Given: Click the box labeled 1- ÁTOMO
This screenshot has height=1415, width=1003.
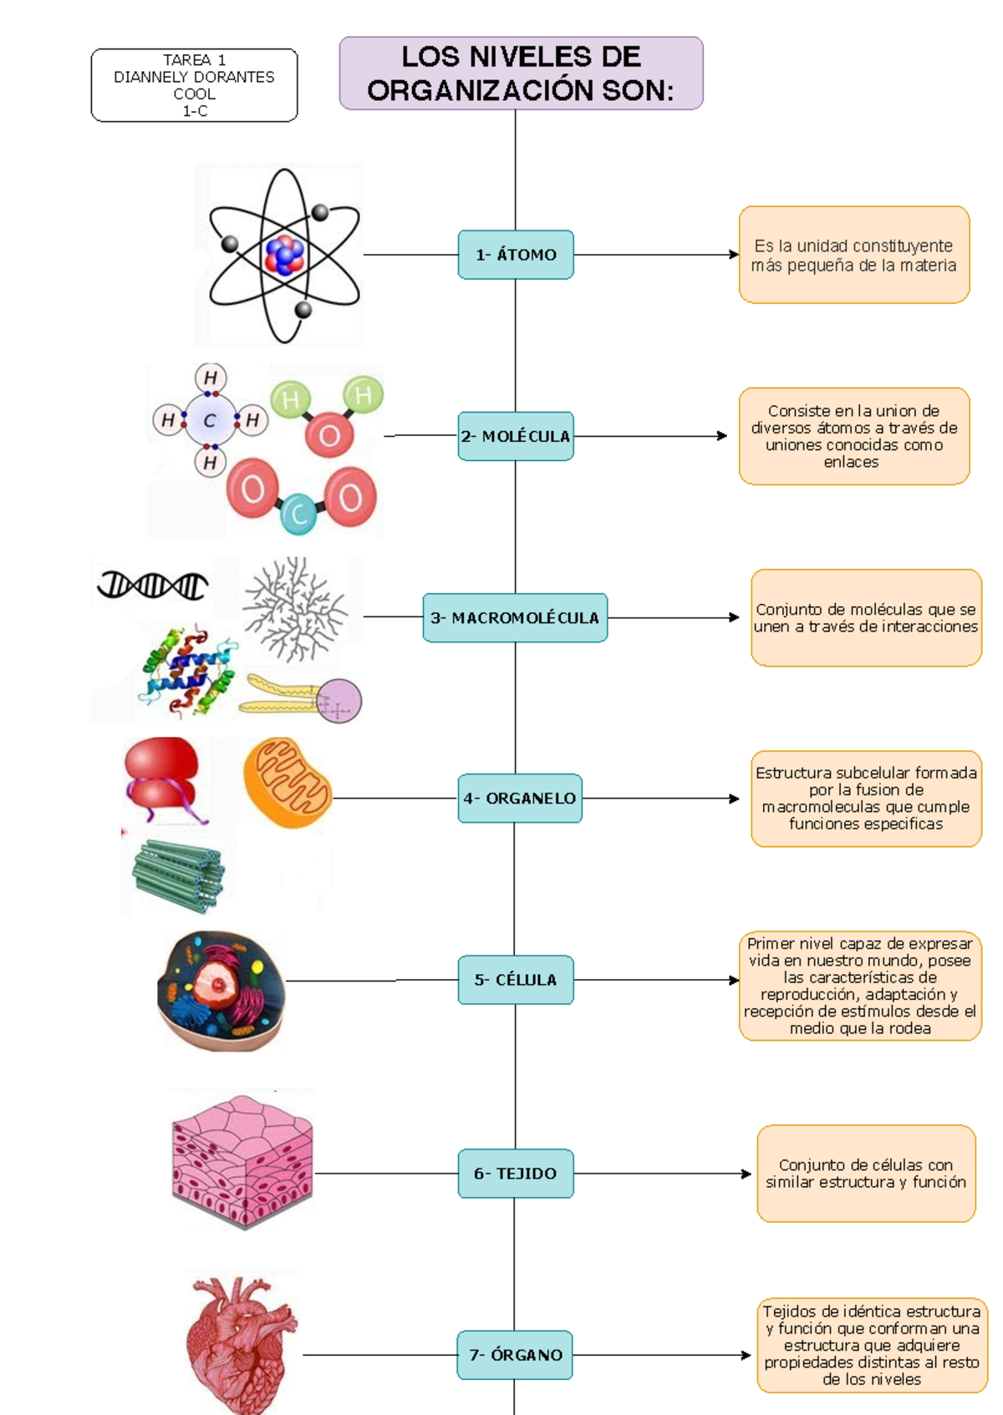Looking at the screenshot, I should pyautogui.click(x=516, y=255).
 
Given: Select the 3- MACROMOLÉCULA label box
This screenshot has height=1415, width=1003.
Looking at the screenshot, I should pyautogui.click(x=515, y=618).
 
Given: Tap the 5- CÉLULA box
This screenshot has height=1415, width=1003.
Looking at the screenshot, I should pyautogui.click(x=516, y=980).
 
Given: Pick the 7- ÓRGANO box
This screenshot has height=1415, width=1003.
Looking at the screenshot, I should pyautogui.click(x=515, y=1355).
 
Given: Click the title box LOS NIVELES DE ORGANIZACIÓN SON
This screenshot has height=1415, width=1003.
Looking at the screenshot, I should pyautogui.click(x=521, y=74).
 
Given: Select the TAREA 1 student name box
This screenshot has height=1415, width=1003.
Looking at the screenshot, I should pyautogui.click(x=194, y=85).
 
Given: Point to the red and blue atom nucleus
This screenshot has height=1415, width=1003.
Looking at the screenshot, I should pyautogui.click(x=284, y=255).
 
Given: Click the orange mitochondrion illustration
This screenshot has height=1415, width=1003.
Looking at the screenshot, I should pyautogui.click(x=288, y=783).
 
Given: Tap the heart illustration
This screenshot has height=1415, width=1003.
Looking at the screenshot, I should pyautogui.click(x=241, y=1342).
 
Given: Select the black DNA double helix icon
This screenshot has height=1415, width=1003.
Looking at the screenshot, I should pyautogui.click(x=153, y=585).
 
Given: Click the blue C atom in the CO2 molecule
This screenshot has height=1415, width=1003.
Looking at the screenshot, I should pyautogui.click(x=298, y=514).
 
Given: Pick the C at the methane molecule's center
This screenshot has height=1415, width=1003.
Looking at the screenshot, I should pyautogui.click(x=210, y=420).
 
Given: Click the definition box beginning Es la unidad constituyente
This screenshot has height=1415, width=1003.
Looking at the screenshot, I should pyautogui.click(x=853, y=255).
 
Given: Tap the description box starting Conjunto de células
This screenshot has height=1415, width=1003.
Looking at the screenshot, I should pyautogui.click(x=866, y=1174).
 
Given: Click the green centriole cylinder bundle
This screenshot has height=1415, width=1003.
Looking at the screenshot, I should pyautogui.click(x=178, y=875).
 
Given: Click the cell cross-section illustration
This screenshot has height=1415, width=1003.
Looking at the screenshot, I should pyautogui.click(x=221, y=990).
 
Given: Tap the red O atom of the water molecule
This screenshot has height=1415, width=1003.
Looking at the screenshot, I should pyautogui.click(x=329, y=435).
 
